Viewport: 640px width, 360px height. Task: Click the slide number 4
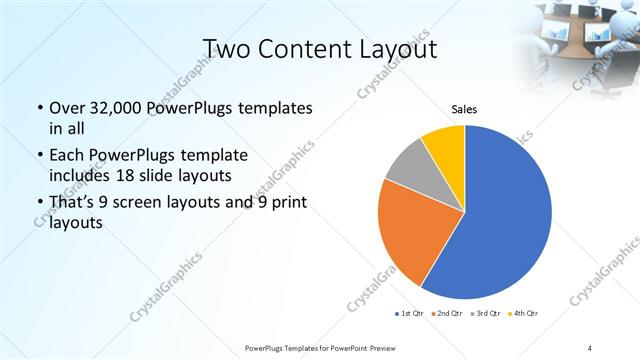tap(589, 347)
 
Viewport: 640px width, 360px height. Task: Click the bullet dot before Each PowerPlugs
tap(38, 156)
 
